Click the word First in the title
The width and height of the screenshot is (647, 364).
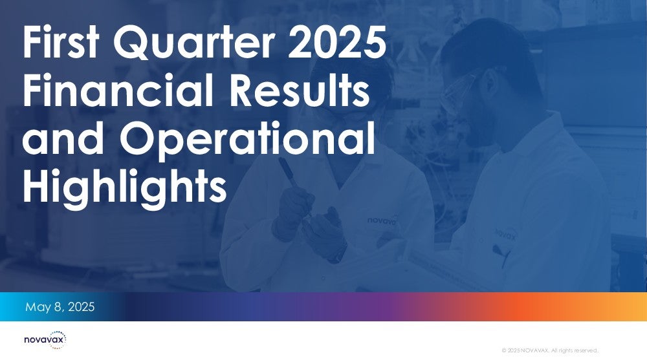[61, 41]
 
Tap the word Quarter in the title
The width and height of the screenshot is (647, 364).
[194, 43]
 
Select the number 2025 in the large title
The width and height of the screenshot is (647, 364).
[336, 41]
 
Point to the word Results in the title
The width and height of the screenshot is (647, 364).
[299, 89]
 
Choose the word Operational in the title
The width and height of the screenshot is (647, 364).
[247, 140]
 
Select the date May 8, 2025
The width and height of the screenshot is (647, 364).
[60, 306]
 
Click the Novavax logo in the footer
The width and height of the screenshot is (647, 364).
[45, 339]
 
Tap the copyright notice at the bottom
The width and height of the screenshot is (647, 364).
[549, 350]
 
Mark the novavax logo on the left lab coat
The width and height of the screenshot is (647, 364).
[382, 220]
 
